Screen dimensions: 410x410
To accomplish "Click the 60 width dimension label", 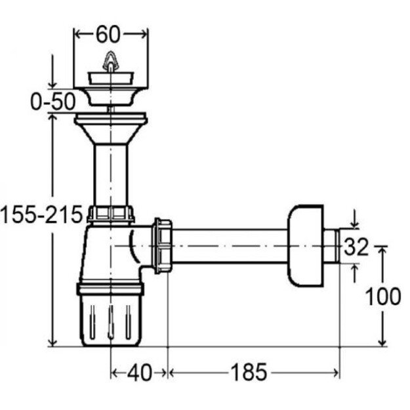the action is coord(108,35).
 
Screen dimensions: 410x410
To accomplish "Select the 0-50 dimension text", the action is coord(53,102).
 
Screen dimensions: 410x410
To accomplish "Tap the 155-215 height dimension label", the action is coord(41,215).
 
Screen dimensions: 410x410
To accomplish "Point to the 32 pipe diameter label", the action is coord(356,247).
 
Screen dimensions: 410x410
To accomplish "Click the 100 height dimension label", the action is coord(383,297).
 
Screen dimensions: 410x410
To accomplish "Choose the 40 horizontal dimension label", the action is coord(140,373).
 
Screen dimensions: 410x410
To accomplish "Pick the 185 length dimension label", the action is coord(249,373).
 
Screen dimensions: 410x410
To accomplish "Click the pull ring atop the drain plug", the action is coord(111,62).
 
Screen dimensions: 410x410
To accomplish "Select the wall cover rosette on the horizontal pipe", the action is coord(306,246).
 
